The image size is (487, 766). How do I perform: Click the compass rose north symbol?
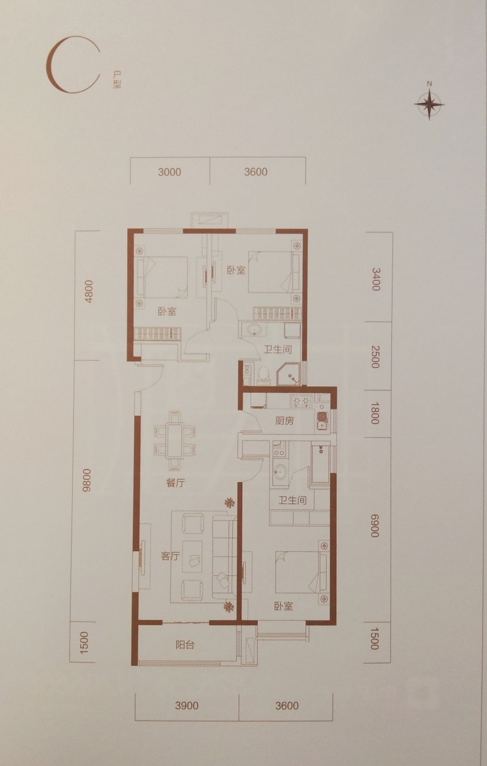tap(429, 102)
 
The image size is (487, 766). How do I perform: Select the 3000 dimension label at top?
tap(170, 172)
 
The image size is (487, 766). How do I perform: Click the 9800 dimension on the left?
tap(88, 480)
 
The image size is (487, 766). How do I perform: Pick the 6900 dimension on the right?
tap(375, 525)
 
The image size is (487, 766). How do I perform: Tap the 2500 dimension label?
tap(375, 357)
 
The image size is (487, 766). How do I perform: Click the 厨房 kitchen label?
tap(284, 421)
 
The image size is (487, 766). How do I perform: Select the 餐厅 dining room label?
tap(175, 483)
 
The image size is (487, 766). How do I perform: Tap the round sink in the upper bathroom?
tap(254, 330)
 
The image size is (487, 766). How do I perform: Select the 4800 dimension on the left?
tap(88, 291)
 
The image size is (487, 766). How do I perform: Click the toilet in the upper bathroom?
tap(264, 374)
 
